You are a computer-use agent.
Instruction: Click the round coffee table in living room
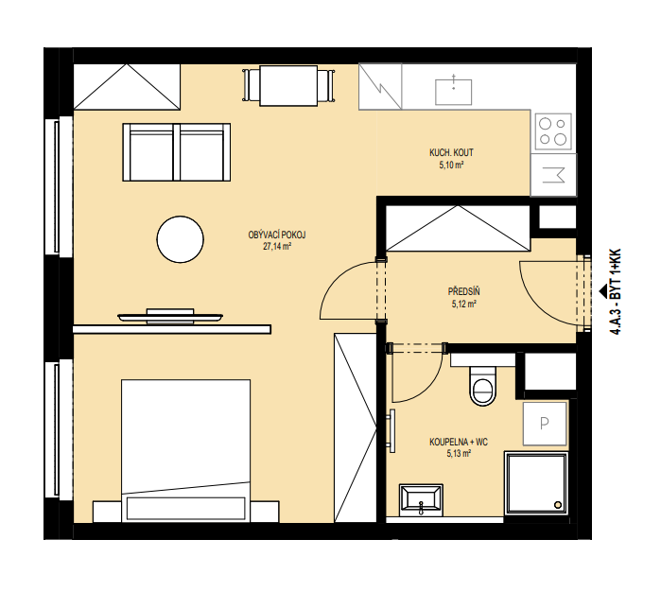tap(180, 239)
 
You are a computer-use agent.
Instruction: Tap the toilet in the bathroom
tap(482, 386)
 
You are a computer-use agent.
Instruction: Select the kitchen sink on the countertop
tap(453, 91)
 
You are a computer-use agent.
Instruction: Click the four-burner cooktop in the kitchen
tap(553, 131)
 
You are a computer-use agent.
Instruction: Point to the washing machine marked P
tap(545, 423)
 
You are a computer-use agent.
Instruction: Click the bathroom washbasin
tap(421, 500)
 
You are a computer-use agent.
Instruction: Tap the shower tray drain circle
tap(558, 505)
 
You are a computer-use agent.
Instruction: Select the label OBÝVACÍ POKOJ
tap(277, 235)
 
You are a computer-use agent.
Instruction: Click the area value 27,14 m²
tap(277, 247)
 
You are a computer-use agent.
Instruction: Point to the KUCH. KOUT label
tap(451, 152)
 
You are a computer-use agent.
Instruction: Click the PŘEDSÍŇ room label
tap(463, 291)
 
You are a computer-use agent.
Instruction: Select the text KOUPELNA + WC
tap(459, 442)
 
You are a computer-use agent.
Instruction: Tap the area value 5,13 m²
tap(459, 454)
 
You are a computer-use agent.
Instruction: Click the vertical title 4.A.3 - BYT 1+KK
tap(616, 292)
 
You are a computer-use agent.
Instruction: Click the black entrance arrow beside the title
tap(602, 290)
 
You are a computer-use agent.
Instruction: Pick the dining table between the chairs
tap(288, 86)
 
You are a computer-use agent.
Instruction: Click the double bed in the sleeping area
tap(185, 450)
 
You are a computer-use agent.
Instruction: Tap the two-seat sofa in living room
tap(176, 152)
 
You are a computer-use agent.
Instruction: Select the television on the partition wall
tap(170, 317)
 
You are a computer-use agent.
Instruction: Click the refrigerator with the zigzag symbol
tap(380, 86)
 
